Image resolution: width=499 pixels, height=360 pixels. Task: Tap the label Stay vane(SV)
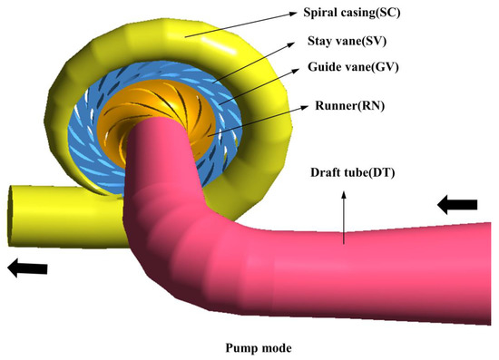tap(344, 42)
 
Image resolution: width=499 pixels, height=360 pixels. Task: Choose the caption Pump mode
tap(250, 345)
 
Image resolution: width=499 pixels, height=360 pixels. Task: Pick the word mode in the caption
tap(269, 345)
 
